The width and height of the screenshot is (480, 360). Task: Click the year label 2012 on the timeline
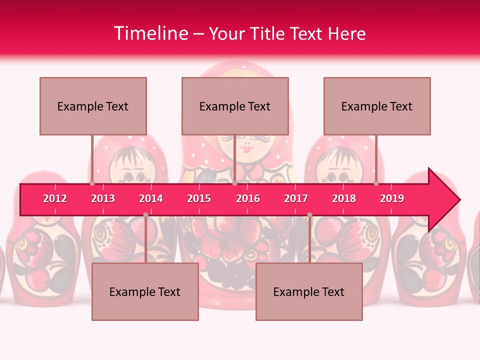tap(55, 198)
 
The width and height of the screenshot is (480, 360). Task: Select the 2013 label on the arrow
tap(103, 198)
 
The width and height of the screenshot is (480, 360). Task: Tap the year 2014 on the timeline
tap(151, 198)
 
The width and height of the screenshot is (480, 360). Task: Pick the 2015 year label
tap(199, 198)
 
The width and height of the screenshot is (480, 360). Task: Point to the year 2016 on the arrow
tap(248, 198)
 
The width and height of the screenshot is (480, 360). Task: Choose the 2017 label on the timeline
tap(296, 198)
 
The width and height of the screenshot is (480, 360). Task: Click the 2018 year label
tap(344, 198)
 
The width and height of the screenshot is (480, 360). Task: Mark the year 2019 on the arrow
tap(392, 198)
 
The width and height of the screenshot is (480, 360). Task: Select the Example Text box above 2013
tap(93, 106)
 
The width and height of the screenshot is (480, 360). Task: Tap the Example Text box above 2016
tap(235, 106)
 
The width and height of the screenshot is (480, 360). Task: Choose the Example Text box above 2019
tap(377, 106)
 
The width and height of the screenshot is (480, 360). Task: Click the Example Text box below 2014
tap(145, 291)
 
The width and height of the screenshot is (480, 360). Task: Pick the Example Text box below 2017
tap(309, 291)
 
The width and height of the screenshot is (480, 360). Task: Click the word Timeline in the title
tap(150, 33)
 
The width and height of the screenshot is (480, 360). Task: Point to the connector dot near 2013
tap(92, 183)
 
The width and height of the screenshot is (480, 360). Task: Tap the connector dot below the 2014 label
tap(145, 215)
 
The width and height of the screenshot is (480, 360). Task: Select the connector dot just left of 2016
tap(234, 183)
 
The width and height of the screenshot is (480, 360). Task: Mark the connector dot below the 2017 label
tap(309, 215)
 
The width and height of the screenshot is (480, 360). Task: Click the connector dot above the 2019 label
tap(376, 183)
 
